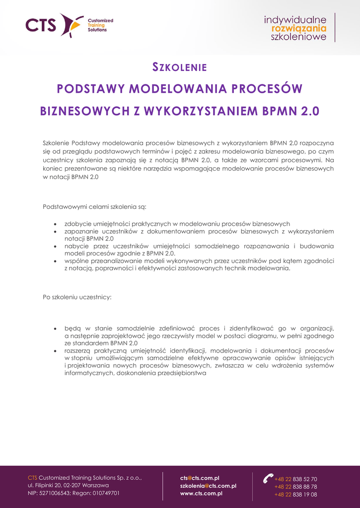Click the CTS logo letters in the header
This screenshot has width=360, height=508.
pyautogui.click(x=41, y=25)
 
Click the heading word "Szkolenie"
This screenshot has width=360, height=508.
pyautogui.click(x=179, y=67)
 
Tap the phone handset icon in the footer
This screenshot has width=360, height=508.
pyautogui.click(x=268, y=478)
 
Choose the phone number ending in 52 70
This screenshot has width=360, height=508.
pyautogui.click(x=296, y=479)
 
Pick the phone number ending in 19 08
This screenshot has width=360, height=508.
pyautogui.click(x=296, y=495)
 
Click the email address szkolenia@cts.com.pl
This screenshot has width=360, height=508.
pyautogui.click(x=208, y=486)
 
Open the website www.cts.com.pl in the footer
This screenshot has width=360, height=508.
pyautogui.click(x=201, y=494)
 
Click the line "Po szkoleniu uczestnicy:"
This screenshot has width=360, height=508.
pyautogui.click(x=77, y=297)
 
